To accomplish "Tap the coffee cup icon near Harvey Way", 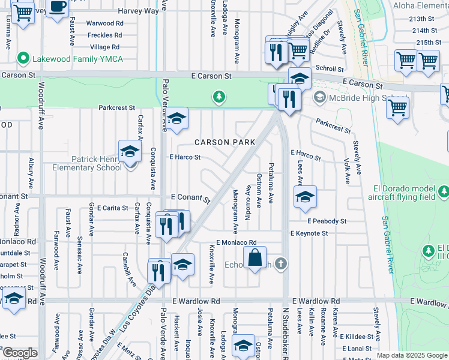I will coord(58,8).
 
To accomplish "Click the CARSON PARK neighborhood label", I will coord(224,142).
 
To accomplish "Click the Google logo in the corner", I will coord(19,353).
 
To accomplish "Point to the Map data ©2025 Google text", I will coord(412,355).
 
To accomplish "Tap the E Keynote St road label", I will coord(309,233).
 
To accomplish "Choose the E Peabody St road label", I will coord(327,221).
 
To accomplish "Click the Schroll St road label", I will coord(328,68).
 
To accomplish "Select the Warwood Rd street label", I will coord(104,23).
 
